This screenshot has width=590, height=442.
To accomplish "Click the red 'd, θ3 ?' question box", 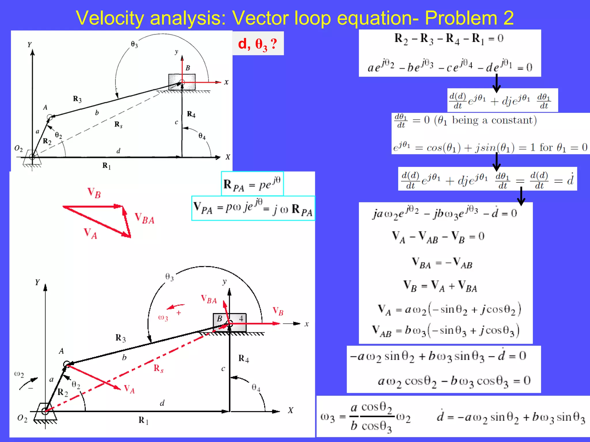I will click(x=258, y=44).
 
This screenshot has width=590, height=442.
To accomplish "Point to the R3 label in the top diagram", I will click(x=77, y=99).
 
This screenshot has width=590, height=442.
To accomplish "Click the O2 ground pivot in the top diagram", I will click(x=32, y=157).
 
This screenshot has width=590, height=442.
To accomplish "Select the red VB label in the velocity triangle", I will click(x=94, y=193).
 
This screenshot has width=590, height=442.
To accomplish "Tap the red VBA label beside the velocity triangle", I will click(x=145, y=218).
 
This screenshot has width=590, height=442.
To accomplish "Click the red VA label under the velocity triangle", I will click(x=90, y=233).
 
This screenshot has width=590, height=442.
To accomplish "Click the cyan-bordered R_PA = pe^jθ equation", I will click(x=252, y=184).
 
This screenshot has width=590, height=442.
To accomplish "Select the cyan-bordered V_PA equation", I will click(x=253, y=208).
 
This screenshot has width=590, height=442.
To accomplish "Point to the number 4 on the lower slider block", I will click(x=241, y=319).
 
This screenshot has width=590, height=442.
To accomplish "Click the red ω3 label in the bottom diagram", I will click(x=163, y=318).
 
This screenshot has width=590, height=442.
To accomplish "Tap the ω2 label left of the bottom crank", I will click(x=19, y=374).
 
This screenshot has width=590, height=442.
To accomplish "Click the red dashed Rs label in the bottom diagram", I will click(x=158, y=368).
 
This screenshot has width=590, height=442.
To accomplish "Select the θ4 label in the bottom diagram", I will click(x=256, y=388).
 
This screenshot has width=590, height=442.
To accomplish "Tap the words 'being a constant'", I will click(x=494, y=120).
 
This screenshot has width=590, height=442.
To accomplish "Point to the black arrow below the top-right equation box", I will click(x=496, y=83).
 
